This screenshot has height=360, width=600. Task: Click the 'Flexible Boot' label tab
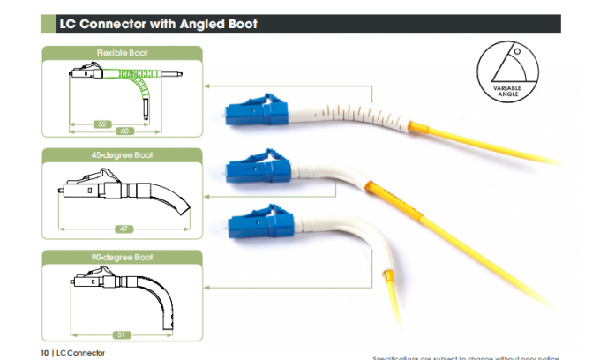point(123,54)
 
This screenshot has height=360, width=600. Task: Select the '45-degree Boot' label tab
point(123,155)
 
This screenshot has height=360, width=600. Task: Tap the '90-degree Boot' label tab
point(123,257)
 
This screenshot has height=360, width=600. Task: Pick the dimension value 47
point(124,229)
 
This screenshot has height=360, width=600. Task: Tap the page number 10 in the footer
point(44,353)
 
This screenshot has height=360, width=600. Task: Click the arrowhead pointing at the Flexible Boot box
point(206,86)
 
